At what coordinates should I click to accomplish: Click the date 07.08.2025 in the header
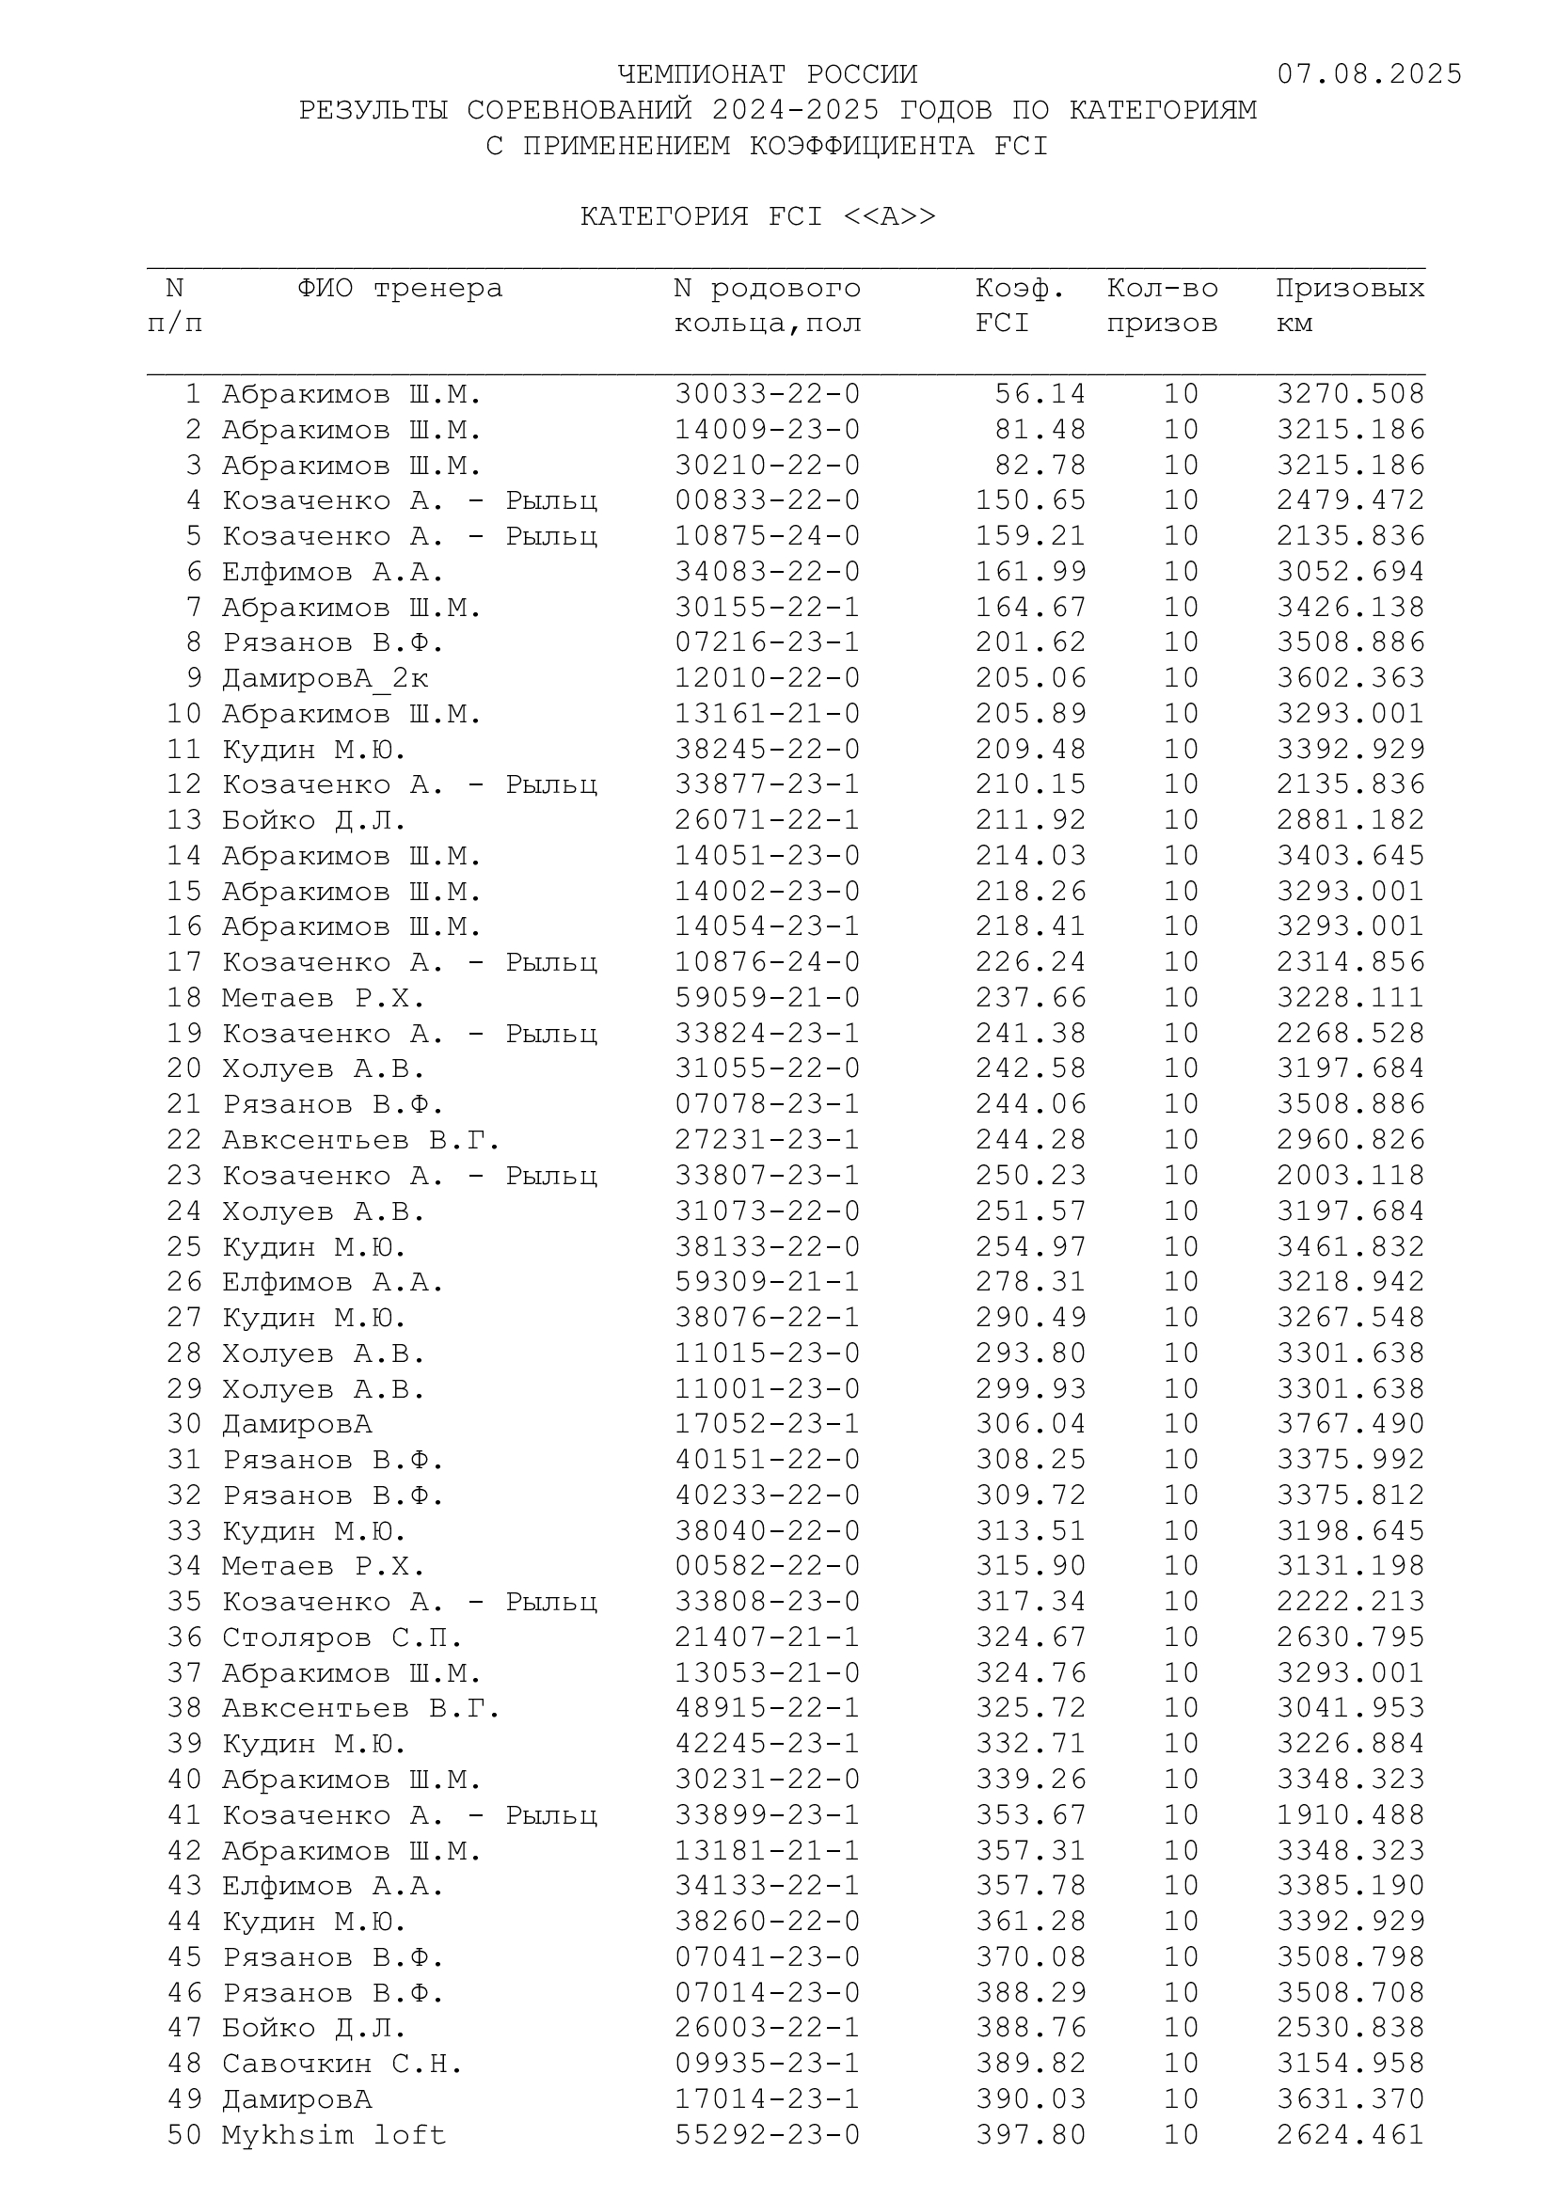pos(1369,74)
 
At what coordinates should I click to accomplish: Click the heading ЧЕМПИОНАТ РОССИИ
pos(768,74)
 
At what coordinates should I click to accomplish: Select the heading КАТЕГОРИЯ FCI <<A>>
pos(758,216)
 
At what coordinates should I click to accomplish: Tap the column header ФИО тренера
pos(400,289)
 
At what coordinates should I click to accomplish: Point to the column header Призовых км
pos(1349,306)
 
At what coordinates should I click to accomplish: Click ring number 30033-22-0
pos(768,394)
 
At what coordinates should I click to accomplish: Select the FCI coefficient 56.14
pos(1040,394)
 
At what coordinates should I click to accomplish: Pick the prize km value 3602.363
pos(1350,678)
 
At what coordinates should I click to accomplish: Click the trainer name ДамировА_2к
pos(325,678)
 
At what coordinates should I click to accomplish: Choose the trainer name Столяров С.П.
pos(342,1638)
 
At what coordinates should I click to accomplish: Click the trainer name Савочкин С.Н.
pos(342,2063)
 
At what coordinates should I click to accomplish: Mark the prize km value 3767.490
pos(1350,1424)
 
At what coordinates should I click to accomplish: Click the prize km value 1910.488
pos(1350,1814)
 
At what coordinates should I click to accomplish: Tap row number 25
pos(184,1246)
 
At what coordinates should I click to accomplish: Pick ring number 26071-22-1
pos(768,820)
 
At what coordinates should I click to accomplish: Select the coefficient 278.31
pos(1031,1282)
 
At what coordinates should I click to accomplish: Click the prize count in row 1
pos(1182,394)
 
